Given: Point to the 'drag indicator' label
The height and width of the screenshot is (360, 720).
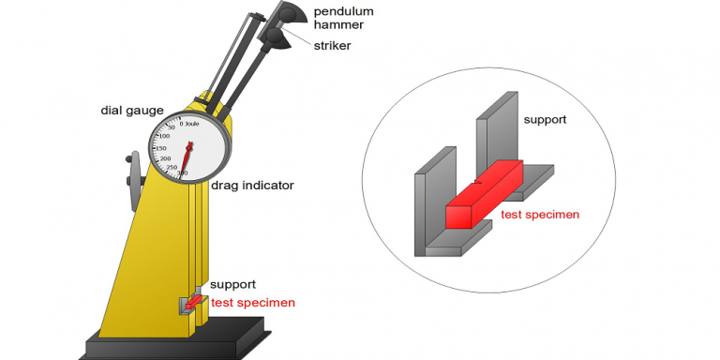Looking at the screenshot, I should click(250, 186).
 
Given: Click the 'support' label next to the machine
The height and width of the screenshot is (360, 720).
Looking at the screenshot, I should click(232, 284).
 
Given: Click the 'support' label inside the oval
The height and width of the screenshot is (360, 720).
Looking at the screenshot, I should click(546, 120).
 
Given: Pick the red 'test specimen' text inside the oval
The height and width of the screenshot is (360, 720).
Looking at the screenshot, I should click(540, 215).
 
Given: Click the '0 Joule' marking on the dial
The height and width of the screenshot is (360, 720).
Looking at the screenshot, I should click(187, 123).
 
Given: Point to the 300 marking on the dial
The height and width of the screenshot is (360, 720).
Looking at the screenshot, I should click(182, 173).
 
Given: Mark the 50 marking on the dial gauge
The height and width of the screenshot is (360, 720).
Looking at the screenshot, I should click(172, 127).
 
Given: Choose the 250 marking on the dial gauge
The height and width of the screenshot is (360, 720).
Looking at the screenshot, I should click(170, 168).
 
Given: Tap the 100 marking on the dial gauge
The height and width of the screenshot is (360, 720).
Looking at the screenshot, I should click(164, 136).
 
